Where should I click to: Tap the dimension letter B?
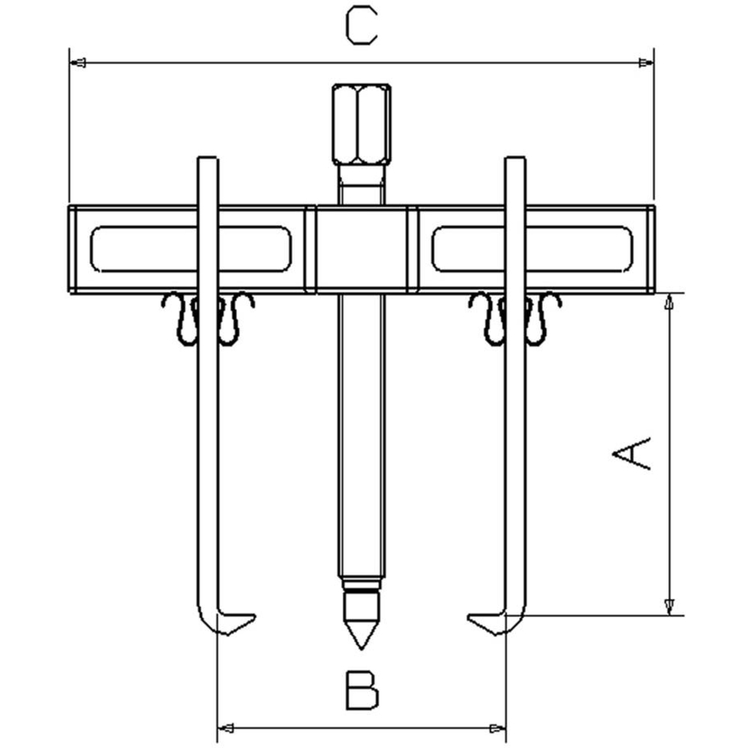[361, 690]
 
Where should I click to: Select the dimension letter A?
[631, 453]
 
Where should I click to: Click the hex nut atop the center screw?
[361, 124]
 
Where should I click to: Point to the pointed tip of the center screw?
[361, 649]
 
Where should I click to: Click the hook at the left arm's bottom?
[224, 621]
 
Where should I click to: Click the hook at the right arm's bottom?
[497, 621]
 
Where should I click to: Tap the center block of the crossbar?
[361, 249]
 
